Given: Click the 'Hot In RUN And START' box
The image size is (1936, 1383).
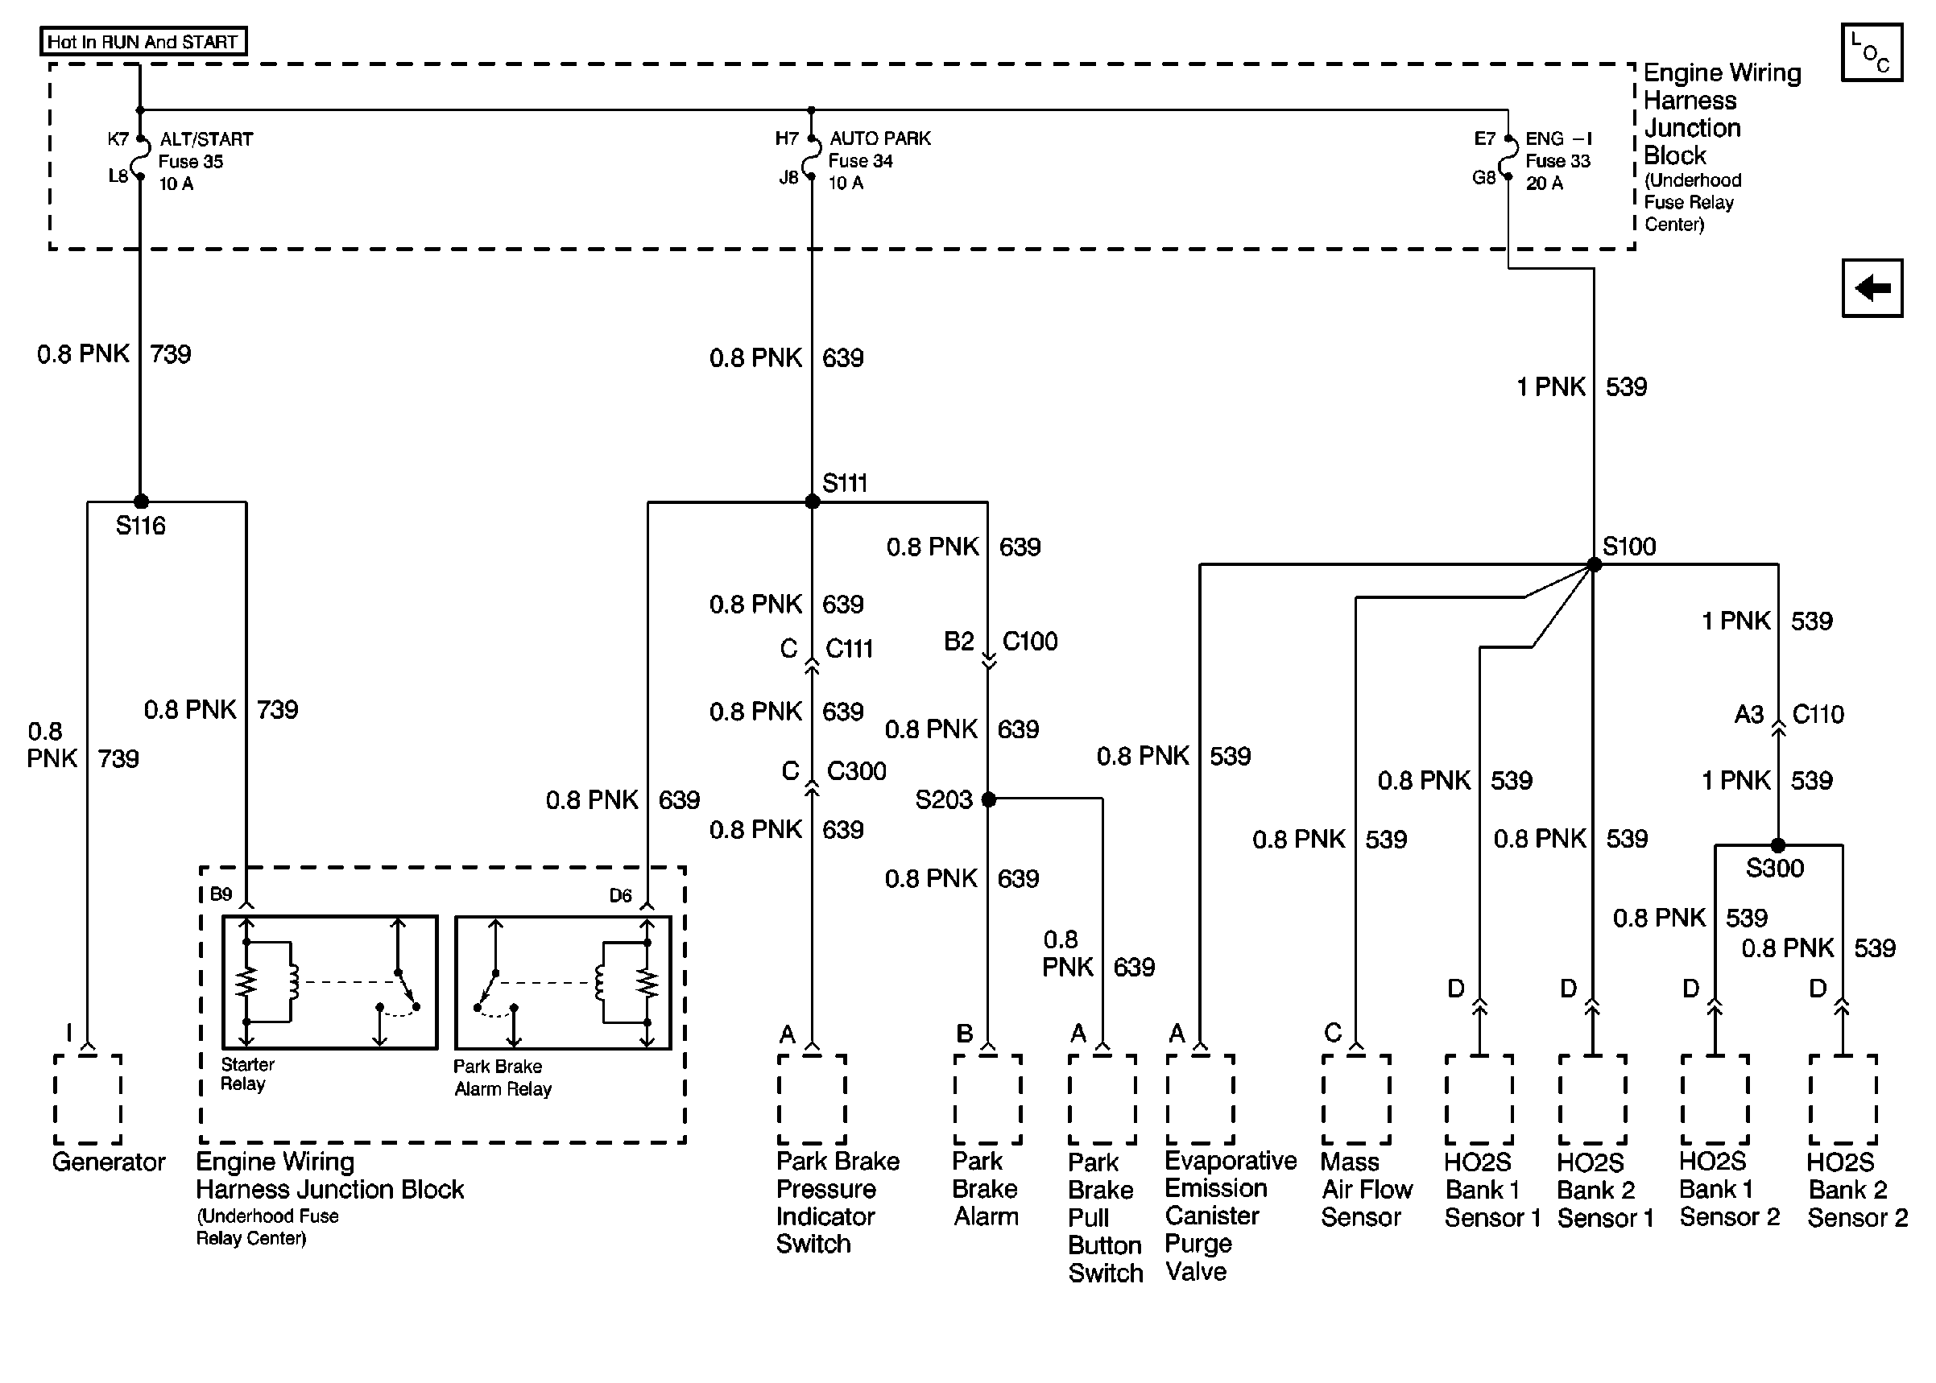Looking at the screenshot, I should (x=143, y=42).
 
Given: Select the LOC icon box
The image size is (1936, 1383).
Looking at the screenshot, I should (x=1871, y=53).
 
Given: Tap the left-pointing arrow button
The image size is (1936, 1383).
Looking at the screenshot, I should (x=1871, y=288).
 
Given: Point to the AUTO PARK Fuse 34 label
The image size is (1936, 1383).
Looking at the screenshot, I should (x=879, y=160).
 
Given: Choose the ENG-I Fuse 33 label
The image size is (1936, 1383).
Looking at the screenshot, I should (x=1557, y=160).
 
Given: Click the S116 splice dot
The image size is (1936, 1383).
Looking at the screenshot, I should (x=142, y=502).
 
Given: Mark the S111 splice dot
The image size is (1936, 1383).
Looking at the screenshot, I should (x=812, y=502).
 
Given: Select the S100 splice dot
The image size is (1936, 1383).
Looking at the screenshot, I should (x=1594, y=564).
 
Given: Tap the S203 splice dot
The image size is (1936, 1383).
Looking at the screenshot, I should (x=988, y=799).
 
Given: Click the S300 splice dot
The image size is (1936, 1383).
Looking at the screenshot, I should (x=1777, y=845).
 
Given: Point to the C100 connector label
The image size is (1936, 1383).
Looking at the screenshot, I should (x=1029, y=642).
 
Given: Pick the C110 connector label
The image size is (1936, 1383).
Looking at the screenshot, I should (x=1817, y=714).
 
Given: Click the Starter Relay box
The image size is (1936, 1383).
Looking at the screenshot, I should (x=329, y=982).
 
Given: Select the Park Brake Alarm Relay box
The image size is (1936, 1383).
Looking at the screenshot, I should (x=562, y=982).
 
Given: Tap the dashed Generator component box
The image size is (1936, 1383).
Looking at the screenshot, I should (x=88, y=1099).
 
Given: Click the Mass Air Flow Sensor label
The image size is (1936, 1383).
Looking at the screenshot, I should (x=1365, y=1189).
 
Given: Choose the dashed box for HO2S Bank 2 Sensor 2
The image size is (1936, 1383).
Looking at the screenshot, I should (x=1843, y=1099).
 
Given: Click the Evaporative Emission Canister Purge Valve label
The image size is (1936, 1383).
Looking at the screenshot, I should (x=1229, y=1216).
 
